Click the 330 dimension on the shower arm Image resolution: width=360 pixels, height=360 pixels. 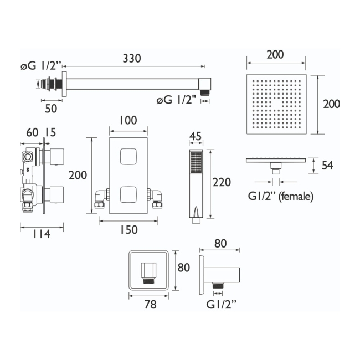132,58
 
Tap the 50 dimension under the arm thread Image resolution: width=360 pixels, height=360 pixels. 51,109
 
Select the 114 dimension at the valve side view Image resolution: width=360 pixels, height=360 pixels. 42,234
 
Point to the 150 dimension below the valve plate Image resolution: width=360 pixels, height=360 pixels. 129,230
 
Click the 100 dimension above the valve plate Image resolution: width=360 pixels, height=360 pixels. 128,120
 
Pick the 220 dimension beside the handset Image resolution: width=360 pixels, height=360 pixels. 222,182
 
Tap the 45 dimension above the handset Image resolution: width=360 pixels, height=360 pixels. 196,136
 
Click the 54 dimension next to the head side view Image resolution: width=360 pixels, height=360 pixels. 327,165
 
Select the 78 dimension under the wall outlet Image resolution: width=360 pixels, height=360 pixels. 151,305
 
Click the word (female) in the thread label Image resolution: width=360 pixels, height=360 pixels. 296,196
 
